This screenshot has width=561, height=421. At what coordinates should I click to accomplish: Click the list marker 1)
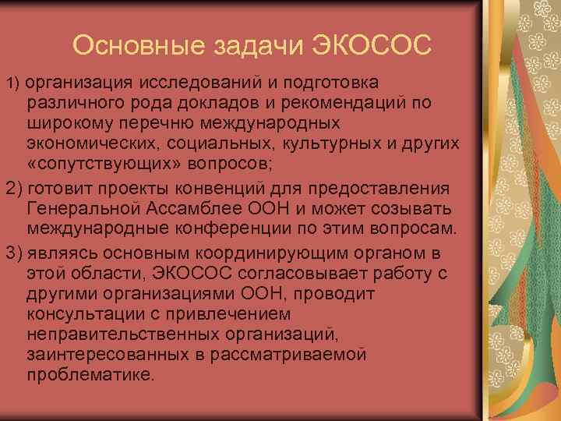coord(15,83)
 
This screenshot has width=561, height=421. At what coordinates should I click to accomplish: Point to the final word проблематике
coord(90,374)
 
